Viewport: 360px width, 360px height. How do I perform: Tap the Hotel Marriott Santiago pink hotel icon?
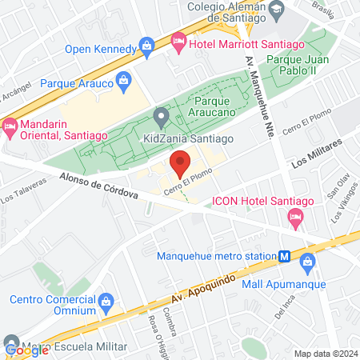coord(178,40)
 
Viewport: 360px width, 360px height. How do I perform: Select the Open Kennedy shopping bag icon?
coord(148,48)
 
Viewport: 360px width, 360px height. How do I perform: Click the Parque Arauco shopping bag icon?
coord(123,80)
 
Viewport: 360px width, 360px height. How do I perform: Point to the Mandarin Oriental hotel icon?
coord(10,126)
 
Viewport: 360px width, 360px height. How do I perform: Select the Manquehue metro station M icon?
coord(284,257)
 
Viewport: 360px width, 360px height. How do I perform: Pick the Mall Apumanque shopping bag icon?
coord(308,261)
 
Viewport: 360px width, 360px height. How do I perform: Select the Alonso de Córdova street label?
coord(98,186)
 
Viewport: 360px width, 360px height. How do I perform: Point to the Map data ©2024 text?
coord(323,354)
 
